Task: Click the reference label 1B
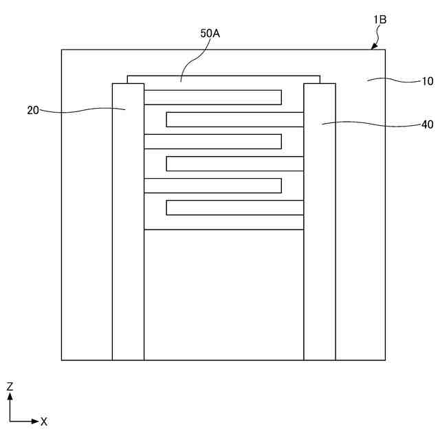coord(379,20)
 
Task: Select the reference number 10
coord(427,80)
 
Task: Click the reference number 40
coord(427,125)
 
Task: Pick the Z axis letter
coord(10,387)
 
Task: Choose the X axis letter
coord(43,421)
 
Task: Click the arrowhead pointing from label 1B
coord(373,47)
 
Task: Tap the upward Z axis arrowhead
coord(10,397)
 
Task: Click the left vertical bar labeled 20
coord(128,227)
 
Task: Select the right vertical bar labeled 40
coord(320,227)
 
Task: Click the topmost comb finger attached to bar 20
coord(212,97)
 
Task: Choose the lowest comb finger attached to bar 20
coord(212,186)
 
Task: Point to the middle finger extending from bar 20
coord(212,142)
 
